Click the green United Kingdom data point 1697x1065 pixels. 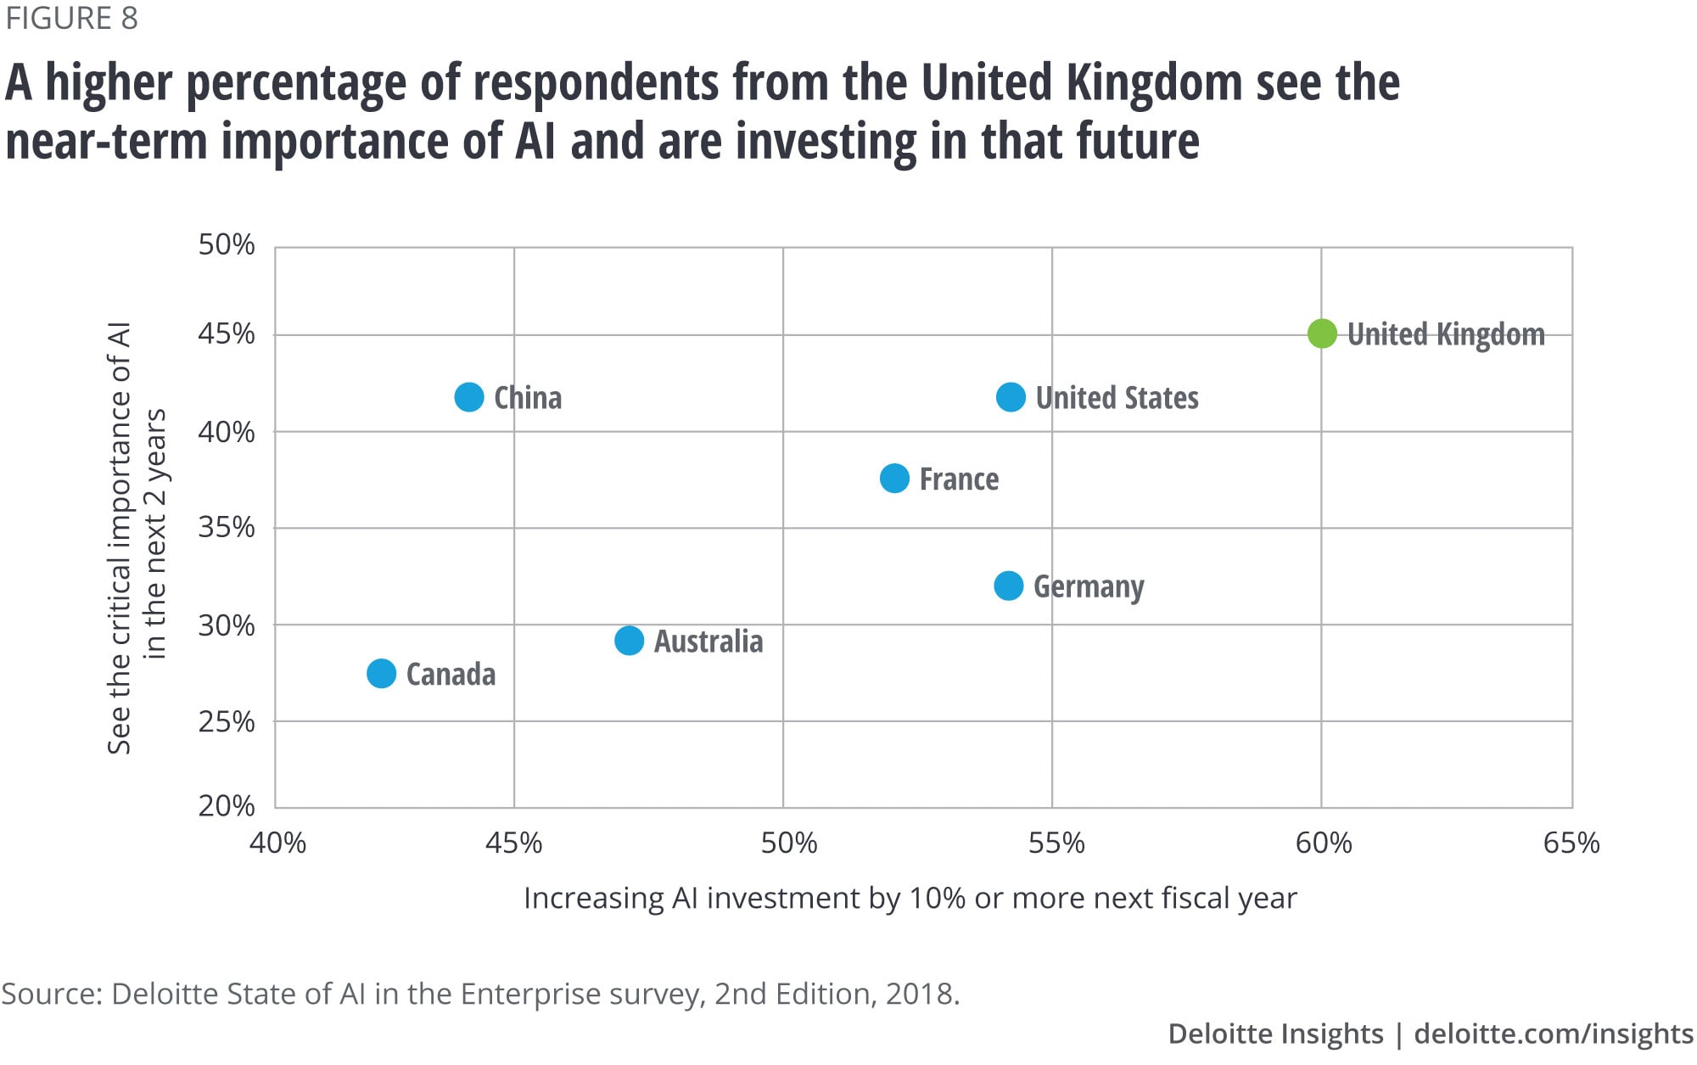[1322, 334]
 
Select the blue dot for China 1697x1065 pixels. [469, 397]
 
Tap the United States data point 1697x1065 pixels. [1011, 397]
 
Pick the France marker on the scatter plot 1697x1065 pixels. [894, 479]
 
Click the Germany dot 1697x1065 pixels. [1008, 586]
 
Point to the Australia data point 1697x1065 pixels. [629, 641]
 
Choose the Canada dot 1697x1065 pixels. [381, 674]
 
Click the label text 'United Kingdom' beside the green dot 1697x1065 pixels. [1446, 334]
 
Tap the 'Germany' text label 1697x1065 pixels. [1089, 586]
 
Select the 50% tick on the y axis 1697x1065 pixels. [227, 245]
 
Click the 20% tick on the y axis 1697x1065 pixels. [227, 805]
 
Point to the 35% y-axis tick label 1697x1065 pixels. [227, 528]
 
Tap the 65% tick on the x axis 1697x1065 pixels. [1571, 843]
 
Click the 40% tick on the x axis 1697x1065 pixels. [277, 843]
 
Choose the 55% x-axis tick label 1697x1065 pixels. [1056, 843]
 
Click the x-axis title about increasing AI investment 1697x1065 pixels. [910, 898]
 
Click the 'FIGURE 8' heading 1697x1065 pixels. [72, 19]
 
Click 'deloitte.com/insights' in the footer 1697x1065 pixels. [1554, 1034]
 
